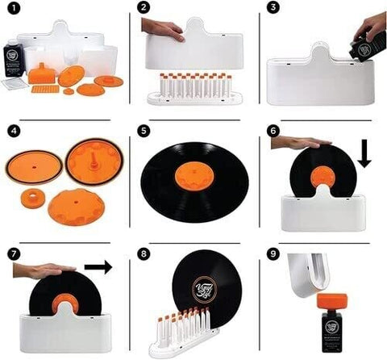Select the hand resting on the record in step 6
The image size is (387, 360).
300,142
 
